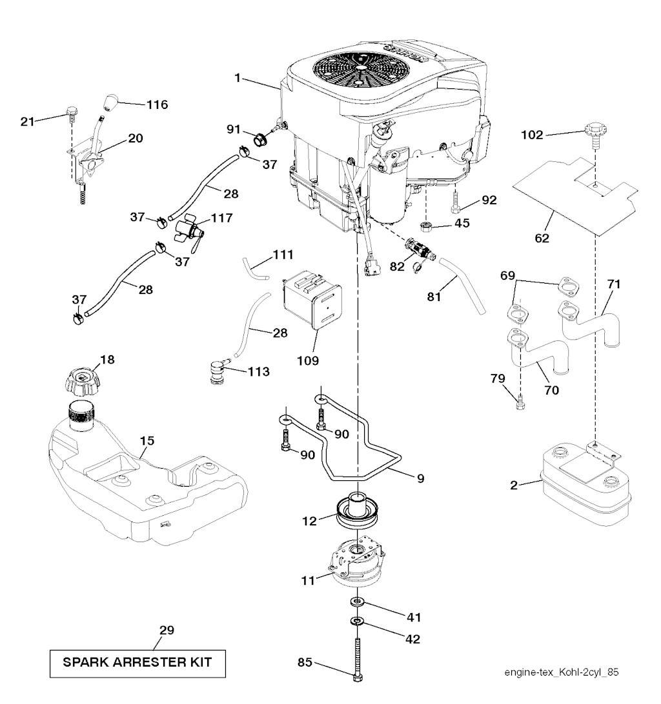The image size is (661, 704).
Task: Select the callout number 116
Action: click(x=156, y=104)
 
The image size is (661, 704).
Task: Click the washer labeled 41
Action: click(x=358, y=602)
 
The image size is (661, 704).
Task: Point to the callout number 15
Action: click(x=147, y=441)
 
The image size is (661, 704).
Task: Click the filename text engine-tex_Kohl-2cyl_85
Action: click(x=562, y=672)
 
